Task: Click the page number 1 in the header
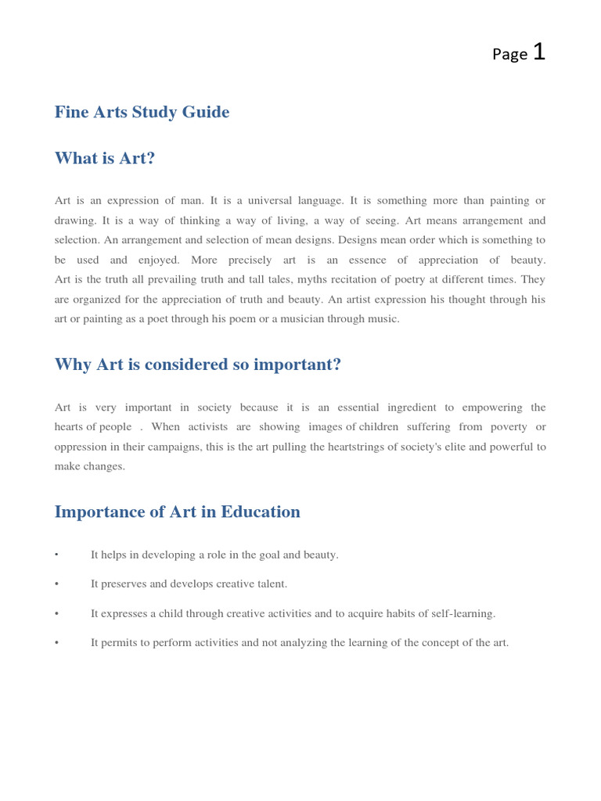[x=538, y=52]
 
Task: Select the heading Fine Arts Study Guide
[x=142, y=112]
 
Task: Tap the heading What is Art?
[x=105, y=158]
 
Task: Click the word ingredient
[x=402, y=408]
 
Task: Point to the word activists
[x=208, y=427]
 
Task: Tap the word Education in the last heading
[x=261, y=512]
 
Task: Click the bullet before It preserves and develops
[x=57, y=584]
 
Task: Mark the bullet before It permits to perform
[x=57, y=643]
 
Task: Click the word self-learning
[x=462, y=614]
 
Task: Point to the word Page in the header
[x=509, y=54]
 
